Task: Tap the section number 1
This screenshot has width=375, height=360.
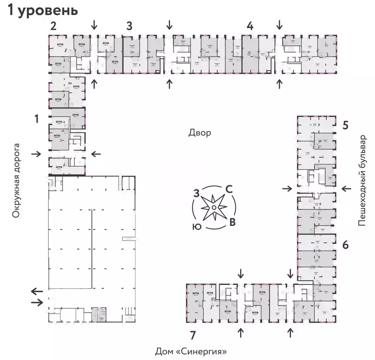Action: click(36, 119)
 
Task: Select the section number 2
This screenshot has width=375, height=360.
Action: click(53, 26)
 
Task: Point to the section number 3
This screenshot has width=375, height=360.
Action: click(129, 26)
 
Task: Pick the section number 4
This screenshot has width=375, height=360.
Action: click(250, 26)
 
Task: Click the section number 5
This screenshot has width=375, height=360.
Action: click(345, 125)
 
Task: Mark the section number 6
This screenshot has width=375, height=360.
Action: click(345, 244)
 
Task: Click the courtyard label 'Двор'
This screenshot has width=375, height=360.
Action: click(200, 133)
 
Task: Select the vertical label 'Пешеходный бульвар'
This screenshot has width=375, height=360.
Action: click(361, 180)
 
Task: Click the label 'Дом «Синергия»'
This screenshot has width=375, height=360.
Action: click(194, 351)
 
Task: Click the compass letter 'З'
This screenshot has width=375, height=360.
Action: click(197, 192)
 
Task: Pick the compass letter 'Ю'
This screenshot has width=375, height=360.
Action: click(197, 226)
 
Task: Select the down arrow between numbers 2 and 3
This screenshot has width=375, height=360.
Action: click(95, 24)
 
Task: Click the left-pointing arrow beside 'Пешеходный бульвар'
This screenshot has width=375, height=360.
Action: click(346, 188)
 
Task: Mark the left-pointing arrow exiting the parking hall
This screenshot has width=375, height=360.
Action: click(36, 291)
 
